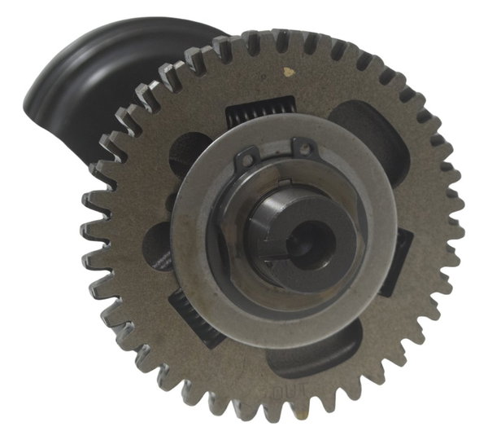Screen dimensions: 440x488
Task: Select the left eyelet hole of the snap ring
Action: pyautogui.click(x=246, y=159)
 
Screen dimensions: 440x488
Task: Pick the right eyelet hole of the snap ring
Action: pyautogui.click(x=303, y=148)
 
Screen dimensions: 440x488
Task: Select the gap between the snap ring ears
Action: pyautogui.click(x=275, y=152)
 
